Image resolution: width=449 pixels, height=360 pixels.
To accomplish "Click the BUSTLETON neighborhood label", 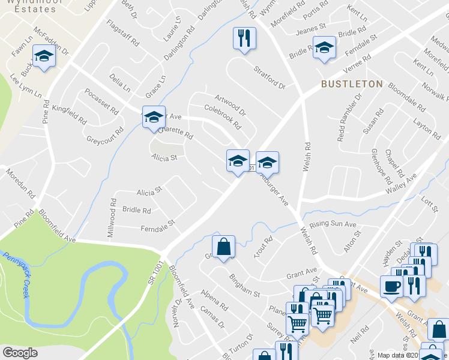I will tap(351, 84).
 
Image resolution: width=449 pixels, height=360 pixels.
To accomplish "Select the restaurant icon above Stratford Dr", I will tap(244, 39).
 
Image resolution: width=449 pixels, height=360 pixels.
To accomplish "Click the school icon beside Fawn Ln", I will tap(44, 57).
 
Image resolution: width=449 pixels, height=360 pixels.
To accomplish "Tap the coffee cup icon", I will tap(391, 287).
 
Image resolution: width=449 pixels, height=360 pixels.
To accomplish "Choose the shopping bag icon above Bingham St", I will tap(223, 247).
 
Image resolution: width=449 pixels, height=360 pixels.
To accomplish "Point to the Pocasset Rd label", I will tap(102, 102).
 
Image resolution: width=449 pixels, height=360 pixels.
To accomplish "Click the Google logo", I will tap(20, 353).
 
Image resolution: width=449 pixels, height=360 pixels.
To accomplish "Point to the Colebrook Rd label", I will tap(223, 117).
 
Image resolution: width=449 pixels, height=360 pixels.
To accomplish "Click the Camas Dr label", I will tap(212, 316).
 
